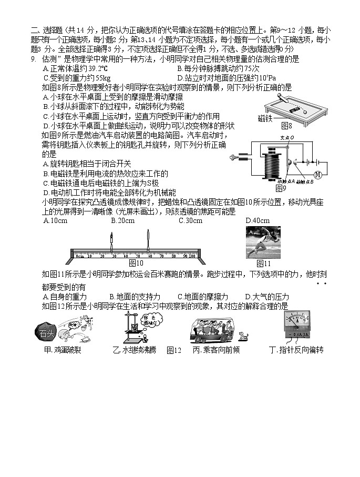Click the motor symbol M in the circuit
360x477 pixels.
click(x=317, y=174)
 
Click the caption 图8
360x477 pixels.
click(x=286, y=126)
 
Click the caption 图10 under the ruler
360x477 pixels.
click(x=136, y=263)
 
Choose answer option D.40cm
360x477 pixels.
click(x=258, y=221)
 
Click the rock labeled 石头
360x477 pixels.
click(x=43, y=332)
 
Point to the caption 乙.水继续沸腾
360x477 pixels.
click(x=135, y=350)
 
